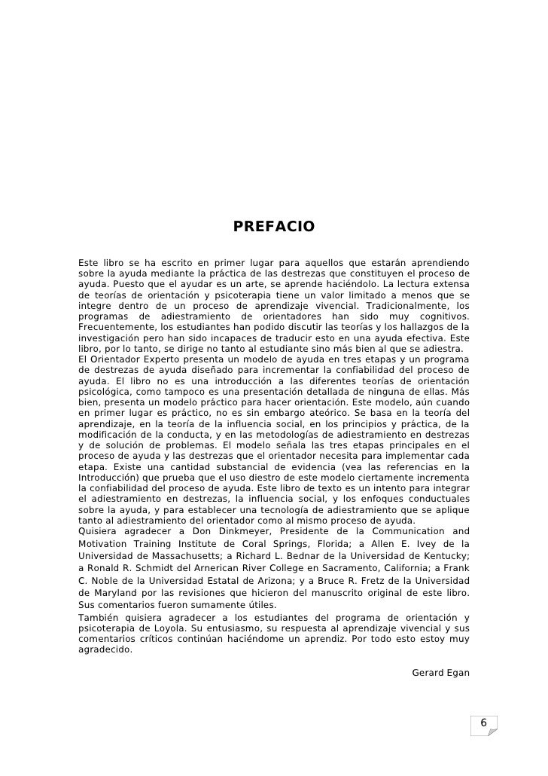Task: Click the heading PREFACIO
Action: click(273, 227)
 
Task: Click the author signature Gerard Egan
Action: click(440, 672)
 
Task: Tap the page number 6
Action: click(484, 724)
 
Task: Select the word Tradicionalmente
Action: click(400, 305)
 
